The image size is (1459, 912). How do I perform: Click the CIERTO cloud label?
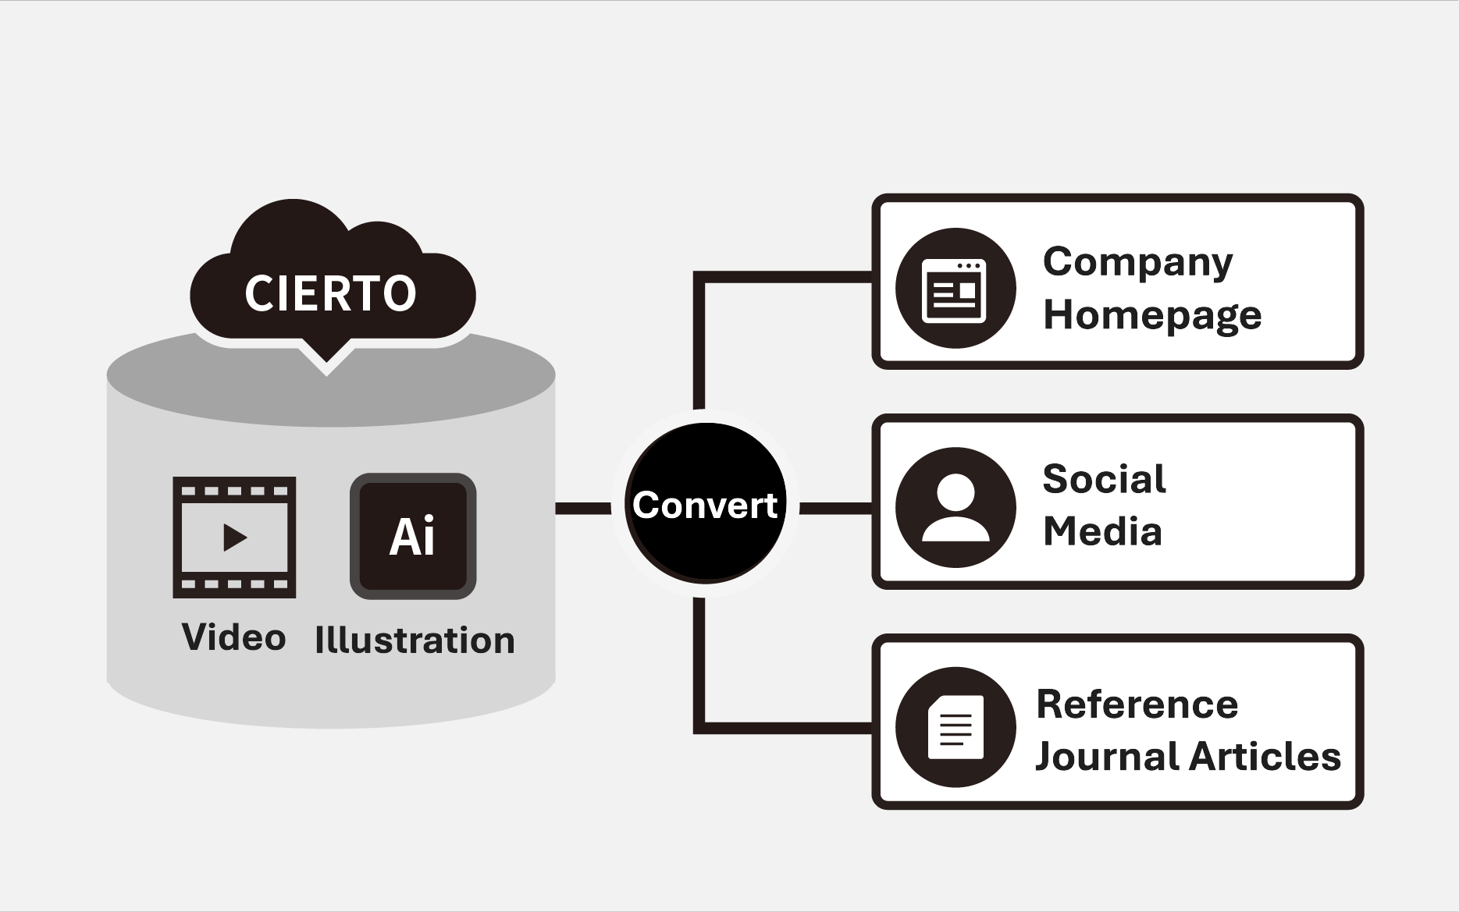coord(330,293)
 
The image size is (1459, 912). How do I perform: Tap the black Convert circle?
coord(705,504)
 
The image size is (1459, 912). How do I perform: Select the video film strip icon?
coord(234,537)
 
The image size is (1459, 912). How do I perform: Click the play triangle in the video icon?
coord(234,538)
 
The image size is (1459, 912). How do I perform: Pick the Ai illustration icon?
coord(412,537)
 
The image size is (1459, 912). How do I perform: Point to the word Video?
coord(233,637)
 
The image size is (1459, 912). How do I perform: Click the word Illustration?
coord(415,641)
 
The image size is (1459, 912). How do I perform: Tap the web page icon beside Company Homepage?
coord(955,289)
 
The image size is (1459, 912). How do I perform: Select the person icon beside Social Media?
coord(955,508)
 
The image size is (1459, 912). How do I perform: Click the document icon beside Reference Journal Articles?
coord(955,727)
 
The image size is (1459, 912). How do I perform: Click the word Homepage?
coord(1152,315)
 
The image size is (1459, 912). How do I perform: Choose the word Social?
coord(1104,478)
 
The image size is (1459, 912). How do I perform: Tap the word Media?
coord(1102,531)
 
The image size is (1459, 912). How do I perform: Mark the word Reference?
coord(1137,704)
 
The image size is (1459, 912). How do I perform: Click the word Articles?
coord(1265,756)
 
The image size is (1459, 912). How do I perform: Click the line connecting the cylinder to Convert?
coord(583,509)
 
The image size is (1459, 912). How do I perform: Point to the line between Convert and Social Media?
coord(835,509)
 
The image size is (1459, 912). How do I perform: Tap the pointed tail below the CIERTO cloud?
coord(326,360)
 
